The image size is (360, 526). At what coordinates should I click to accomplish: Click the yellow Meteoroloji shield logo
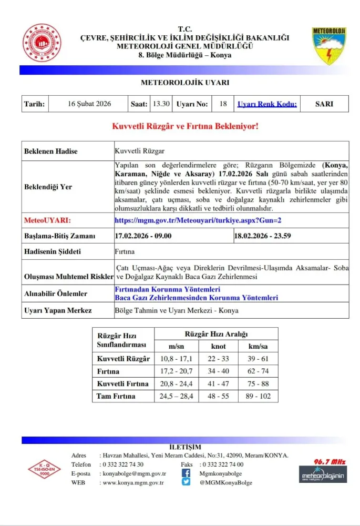point(329,46)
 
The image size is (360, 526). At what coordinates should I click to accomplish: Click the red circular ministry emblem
point(42,43)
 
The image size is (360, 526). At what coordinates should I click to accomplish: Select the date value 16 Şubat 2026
point(89,104)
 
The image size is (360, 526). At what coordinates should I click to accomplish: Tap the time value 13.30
point(161,104)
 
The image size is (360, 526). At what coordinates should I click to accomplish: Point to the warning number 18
point(223,104)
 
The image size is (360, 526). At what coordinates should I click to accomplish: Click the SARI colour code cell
point(324,104)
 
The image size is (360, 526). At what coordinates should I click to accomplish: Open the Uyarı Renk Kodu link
point(267,104)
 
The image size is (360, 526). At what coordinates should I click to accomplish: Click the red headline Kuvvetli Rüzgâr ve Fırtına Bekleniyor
point(185,127)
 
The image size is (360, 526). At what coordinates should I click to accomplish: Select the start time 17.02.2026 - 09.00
point(143,236)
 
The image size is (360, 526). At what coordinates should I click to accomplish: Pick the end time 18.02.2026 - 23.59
point(263,236)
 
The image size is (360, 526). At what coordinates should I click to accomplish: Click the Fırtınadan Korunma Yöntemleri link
point(167,290)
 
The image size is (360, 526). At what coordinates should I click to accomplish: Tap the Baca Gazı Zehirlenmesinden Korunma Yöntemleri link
point(197,298)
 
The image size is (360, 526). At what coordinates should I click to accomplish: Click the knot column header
point(219,346)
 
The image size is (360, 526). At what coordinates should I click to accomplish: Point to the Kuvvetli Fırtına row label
point(123,383)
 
